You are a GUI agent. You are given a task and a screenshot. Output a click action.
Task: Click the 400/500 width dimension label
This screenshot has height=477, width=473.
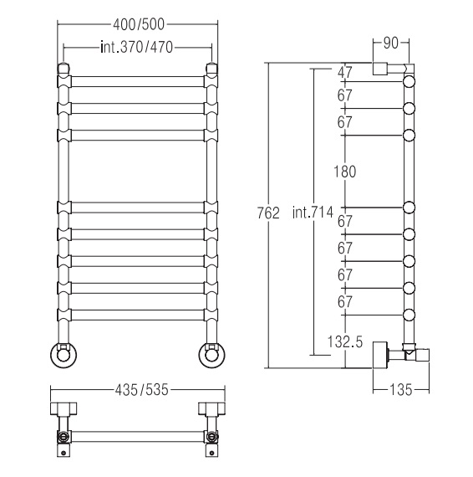click(139, 24)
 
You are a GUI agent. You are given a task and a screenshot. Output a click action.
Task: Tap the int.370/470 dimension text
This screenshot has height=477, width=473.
click(137, 48)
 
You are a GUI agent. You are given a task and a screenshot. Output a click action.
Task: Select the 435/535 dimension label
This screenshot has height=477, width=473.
click(141, 390)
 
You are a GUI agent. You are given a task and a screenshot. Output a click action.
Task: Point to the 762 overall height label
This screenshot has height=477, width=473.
click(268, 213)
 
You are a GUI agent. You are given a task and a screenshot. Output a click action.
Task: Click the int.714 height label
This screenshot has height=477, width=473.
click(313, 212)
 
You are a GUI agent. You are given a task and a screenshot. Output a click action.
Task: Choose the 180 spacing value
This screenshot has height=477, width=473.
click(345, 172)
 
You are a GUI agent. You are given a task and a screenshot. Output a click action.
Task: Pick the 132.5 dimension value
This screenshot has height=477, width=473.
click(345, 342)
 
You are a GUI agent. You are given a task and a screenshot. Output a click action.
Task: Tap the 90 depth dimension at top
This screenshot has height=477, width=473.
click(390, 44)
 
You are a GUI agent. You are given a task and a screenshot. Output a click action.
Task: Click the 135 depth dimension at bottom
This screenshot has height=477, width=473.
click(401, 390)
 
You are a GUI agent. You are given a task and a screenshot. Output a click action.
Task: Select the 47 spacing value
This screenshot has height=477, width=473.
click(345, 73)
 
